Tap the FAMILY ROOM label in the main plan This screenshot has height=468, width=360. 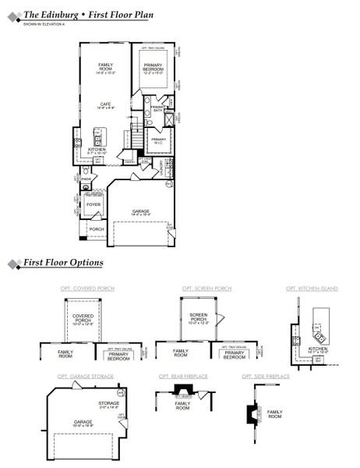[x=105, y=67]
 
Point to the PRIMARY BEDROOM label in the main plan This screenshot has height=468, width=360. [x=154, y=68]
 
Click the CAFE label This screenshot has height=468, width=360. [x=104, y=105]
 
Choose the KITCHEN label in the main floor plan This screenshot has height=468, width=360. [x=97, y=150]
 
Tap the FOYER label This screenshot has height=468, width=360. [x=94, y=205]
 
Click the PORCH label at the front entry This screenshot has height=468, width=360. [x=97, y=229]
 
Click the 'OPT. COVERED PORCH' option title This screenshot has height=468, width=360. [x=87, y=289]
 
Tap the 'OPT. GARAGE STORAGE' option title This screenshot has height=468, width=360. [x=86, y=376]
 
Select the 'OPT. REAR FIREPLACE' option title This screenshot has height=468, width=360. [x=184, y=376]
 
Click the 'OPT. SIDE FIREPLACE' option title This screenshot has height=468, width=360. [x=266, y=376]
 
